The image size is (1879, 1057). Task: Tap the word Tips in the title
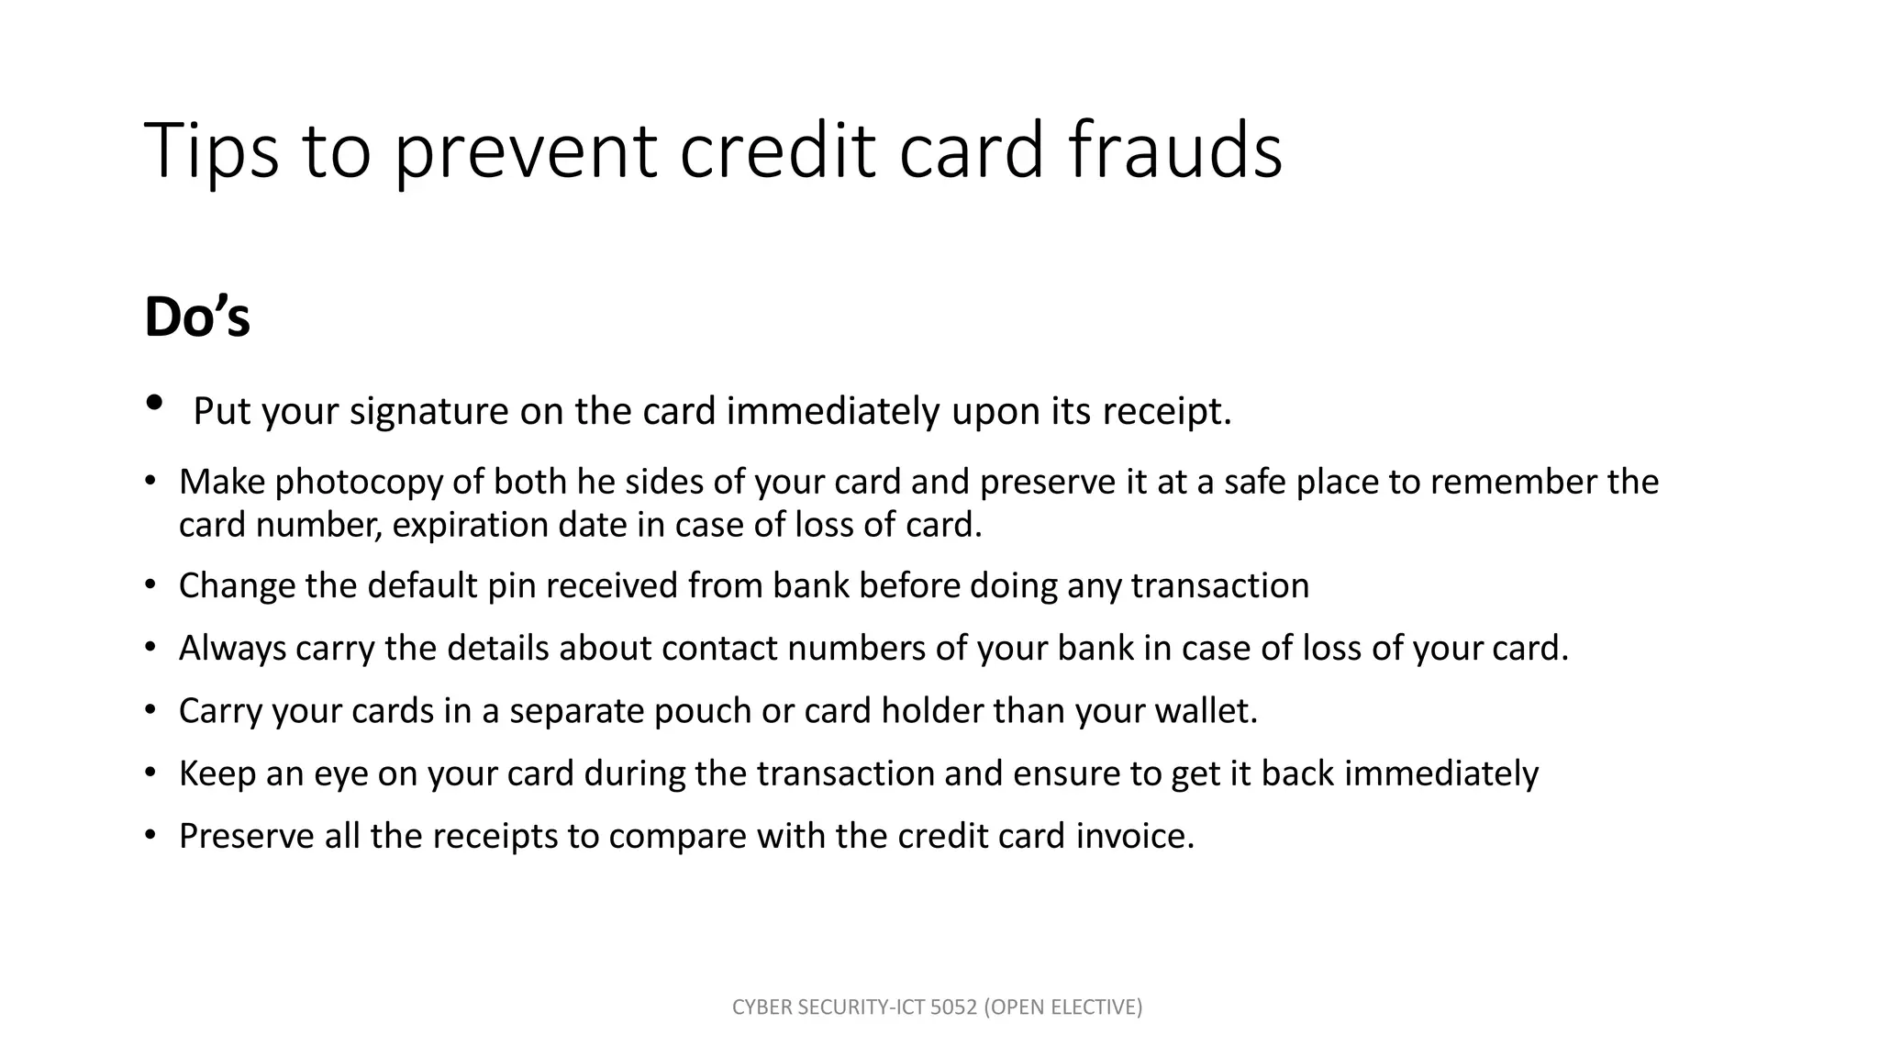[211, 150]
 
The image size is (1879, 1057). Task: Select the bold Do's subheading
[197, 317]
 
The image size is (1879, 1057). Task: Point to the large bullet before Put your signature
[154, 403]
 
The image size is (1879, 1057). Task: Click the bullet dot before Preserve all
[150, 835]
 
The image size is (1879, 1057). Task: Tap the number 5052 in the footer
[954, 1007]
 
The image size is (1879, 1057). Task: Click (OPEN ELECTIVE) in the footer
[1063, 1007]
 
